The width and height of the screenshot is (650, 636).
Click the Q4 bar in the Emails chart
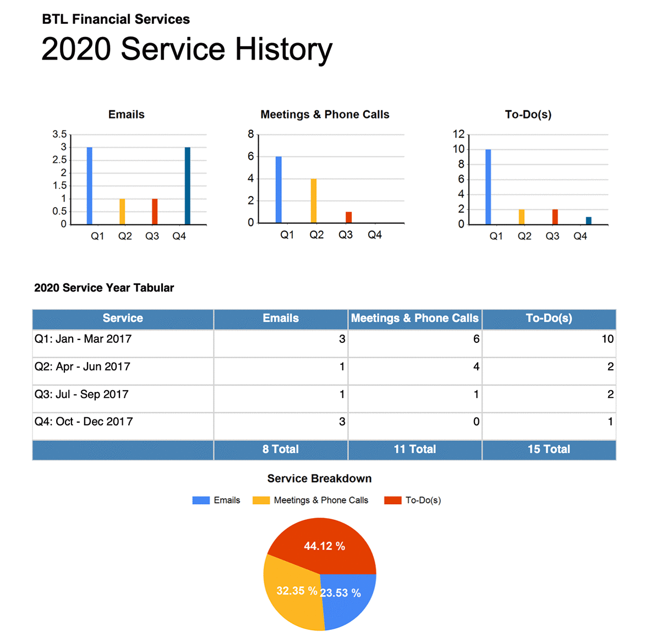click(187, 186)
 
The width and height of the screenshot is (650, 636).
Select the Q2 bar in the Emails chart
click(122, 212)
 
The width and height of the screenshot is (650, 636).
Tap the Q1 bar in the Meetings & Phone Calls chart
click(278, 190)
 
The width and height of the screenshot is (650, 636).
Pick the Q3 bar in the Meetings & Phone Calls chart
click(348, 217)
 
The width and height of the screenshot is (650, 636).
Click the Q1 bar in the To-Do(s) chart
click(488, 187)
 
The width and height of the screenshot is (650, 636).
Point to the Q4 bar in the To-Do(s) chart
click(589, 220)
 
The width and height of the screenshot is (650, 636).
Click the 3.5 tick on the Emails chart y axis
click(59, 134)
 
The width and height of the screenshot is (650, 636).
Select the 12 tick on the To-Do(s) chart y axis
click(459, 134)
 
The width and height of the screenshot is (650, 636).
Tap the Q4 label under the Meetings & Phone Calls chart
click(375, 235)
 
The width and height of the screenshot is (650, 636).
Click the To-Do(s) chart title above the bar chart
click(528, 115)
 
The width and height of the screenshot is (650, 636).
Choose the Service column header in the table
click(123, 319)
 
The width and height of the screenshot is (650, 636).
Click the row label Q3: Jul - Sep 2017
click(81, 395)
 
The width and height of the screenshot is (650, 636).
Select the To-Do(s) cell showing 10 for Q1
click(608, 339)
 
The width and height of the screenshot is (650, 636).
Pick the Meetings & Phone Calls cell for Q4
click(476, 422)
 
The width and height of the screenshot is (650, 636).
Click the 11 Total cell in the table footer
click(415, 449)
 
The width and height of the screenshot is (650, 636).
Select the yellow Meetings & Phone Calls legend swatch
click(261, 500)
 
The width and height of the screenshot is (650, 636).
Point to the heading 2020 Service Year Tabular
click(104, 288)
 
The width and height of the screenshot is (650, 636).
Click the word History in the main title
click(284, 49)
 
